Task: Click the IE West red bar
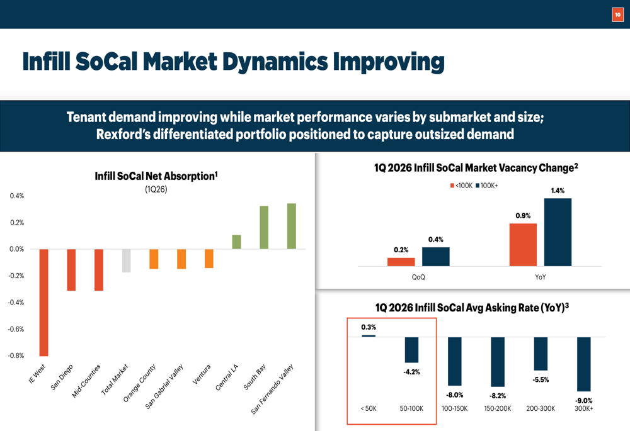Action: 43,303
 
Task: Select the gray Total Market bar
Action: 126,260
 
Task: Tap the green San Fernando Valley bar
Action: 291,226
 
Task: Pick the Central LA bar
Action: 236,242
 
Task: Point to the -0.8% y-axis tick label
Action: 14,355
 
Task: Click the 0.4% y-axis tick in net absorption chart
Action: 16,196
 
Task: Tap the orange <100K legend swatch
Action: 452,186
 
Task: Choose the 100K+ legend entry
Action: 489,186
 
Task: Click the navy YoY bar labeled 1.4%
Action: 558,232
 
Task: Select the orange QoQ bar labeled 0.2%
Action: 401,262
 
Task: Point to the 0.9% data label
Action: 523,216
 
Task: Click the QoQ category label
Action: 418,277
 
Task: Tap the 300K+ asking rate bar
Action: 583,364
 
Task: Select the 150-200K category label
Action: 498,408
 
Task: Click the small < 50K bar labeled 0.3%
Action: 369,336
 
